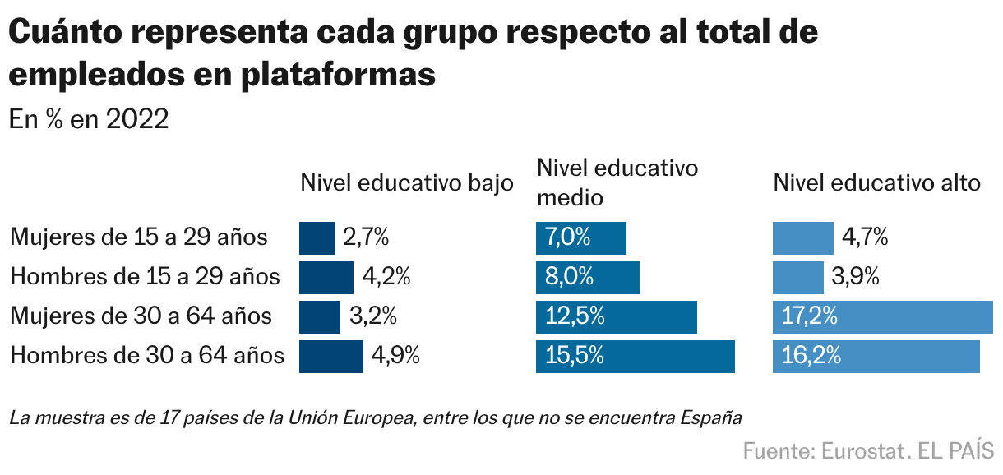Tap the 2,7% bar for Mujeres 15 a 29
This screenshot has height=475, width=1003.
click(317, 237)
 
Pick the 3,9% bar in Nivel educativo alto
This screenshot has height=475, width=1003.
click(797, 277)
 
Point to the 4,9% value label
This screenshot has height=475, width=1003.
click(396, 356)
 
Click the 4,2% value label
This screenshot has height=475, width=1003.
click(386, 277)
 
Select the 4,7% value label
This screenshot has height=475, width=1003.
click(865, 237)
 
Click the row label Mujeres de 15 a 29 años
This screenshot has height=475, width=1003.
click(139, 237)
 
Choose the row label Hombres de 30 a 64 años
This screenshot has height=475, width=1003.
click(147, 356)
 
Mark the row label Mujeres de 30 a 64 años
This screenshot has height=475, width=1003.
click(141, 316)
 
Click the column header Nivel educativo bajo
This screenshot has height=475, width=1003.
click(406, 182)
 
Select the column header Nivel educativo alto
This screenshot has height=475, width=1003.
click(876, 182)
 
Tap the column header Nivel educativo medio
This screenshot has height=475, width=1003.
click(617, 182)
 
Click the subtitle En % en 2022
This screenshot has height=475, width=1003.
click(89, 119)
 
